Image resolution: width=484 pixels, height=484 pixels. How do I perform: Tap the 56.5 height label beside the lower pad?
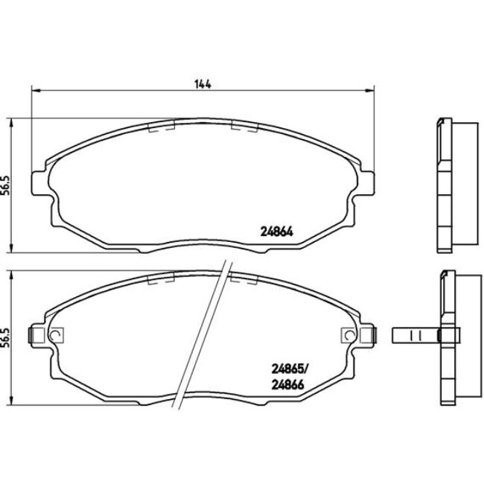click(x=5, y=340)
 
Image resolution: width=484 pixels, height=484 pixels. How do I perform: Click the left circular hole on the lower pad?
click(x=54, y=336)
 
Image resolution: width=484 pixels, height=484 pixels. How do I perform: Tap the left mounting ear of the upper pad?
click(x=39, y=183)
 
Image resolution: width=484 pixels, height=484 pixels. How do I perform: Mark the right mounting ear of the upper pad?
click(x=365, y=183)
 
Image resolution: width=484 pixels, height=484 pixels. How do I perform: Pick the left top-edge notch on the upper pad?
click(x=161, y=127)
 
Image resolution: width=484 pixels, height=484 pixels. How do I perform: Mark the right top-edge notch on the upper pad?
click(x=243, y=127)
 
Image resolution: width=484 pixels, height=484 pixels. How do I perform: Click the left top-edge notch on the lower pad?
click(x=161, y=281)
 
